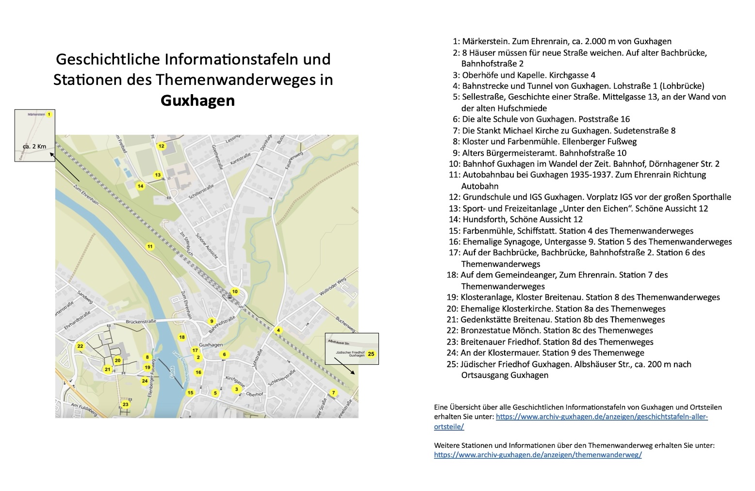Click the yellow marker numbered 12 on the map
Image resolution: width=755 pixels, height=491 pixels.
tap(162, 146)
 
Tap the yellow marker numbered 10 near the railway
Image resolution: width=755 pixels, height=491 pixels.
tap(235, 292)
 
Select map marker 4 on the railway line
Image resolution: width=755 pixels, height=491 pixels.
tap(279, 330)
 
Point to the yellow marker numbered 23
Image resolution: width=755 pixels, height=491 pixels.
tap(126, 405)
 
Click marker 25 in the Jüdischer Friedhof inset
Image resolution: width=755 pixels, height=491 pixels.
tap(371, 354)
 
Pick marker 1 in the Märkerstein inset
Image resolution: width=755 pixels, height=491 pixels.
tap(49, 115)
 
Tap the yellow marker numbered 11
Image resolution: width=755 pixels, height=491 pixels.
tap(150, 246)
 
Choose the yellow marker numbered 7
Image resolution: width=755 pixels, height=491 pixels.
tap(333, 393)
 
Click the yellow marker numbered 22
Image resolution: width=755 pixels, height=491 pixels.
tap(81, 346)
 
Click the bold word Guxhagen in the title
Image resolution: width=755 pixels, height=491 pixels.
tap(197, 100)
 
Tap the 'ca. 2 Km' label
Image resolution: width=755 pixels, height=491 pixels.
tap(34, 146)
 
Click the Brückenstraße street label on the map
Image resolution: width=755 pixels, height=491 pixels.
tap(141, 321)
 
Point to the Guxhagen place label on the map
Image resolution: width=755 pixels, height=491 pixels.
tap(211, 344)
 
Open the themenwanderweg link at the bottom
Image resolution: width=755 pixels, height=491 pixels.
tap(538, 455)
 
